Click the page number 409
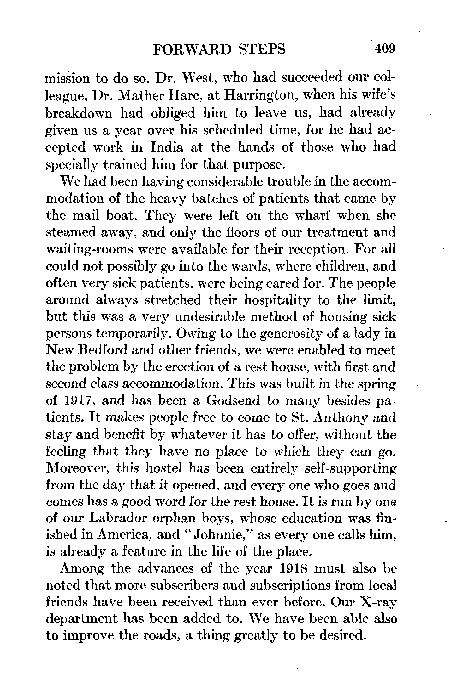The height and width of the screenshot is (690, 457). click(x=384, y=49)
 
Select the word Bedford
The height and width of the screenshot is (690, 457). click(x=101, y=350)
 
